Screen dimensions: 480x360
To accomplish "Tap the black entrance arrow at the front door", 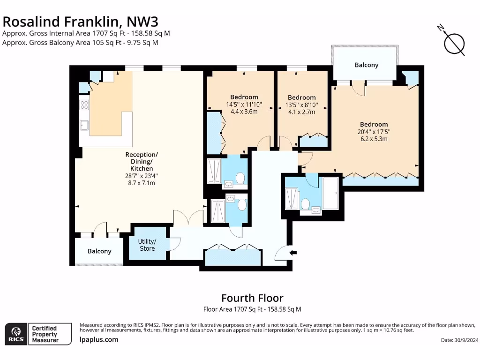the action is click(293, 253).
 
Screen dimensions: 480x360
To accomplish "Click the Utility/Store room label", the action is click(147, 245).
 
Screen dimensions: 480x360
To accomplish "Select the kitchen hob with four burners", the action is click(84, 105).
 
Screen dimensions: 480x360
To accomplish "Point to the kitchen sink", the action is click(84, 125).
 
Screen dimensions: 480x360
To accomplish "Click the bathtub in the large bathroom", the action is click(330, 193).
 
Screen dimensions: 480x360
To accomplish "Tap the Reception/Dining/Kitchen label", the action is click(142, 161).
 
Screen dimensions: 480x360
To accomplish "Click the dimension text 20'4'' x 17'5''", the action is click(374, 132).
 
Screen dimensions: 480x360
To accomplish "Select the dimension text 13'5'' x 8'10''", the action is click(302, 105).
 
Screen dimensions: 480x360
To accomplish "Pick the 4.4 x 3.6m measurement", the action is click(244, 112).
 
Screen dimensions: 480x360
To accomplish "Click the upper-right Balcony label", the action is click(367, 65).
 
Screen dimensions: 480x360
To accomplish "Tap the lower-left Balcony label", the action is click(99, 251).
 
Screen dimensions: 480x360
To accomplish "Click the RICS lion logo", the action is click(16, 334).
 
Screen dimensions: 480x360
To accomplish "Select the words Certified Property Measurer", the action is click(45, 334).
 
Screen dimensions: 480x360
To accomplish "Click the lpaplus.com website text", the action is click(99, 339).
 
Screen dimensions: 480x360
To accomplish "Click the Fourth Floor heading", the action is click(253, 298).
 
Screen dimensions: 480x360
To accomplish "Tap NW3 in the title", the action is click(142, 22).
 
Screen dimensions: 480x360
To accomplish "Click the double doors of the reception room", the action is click(188, 218).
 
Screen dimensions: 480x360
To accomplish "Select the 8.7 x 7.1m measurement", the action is click(142, 183).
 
